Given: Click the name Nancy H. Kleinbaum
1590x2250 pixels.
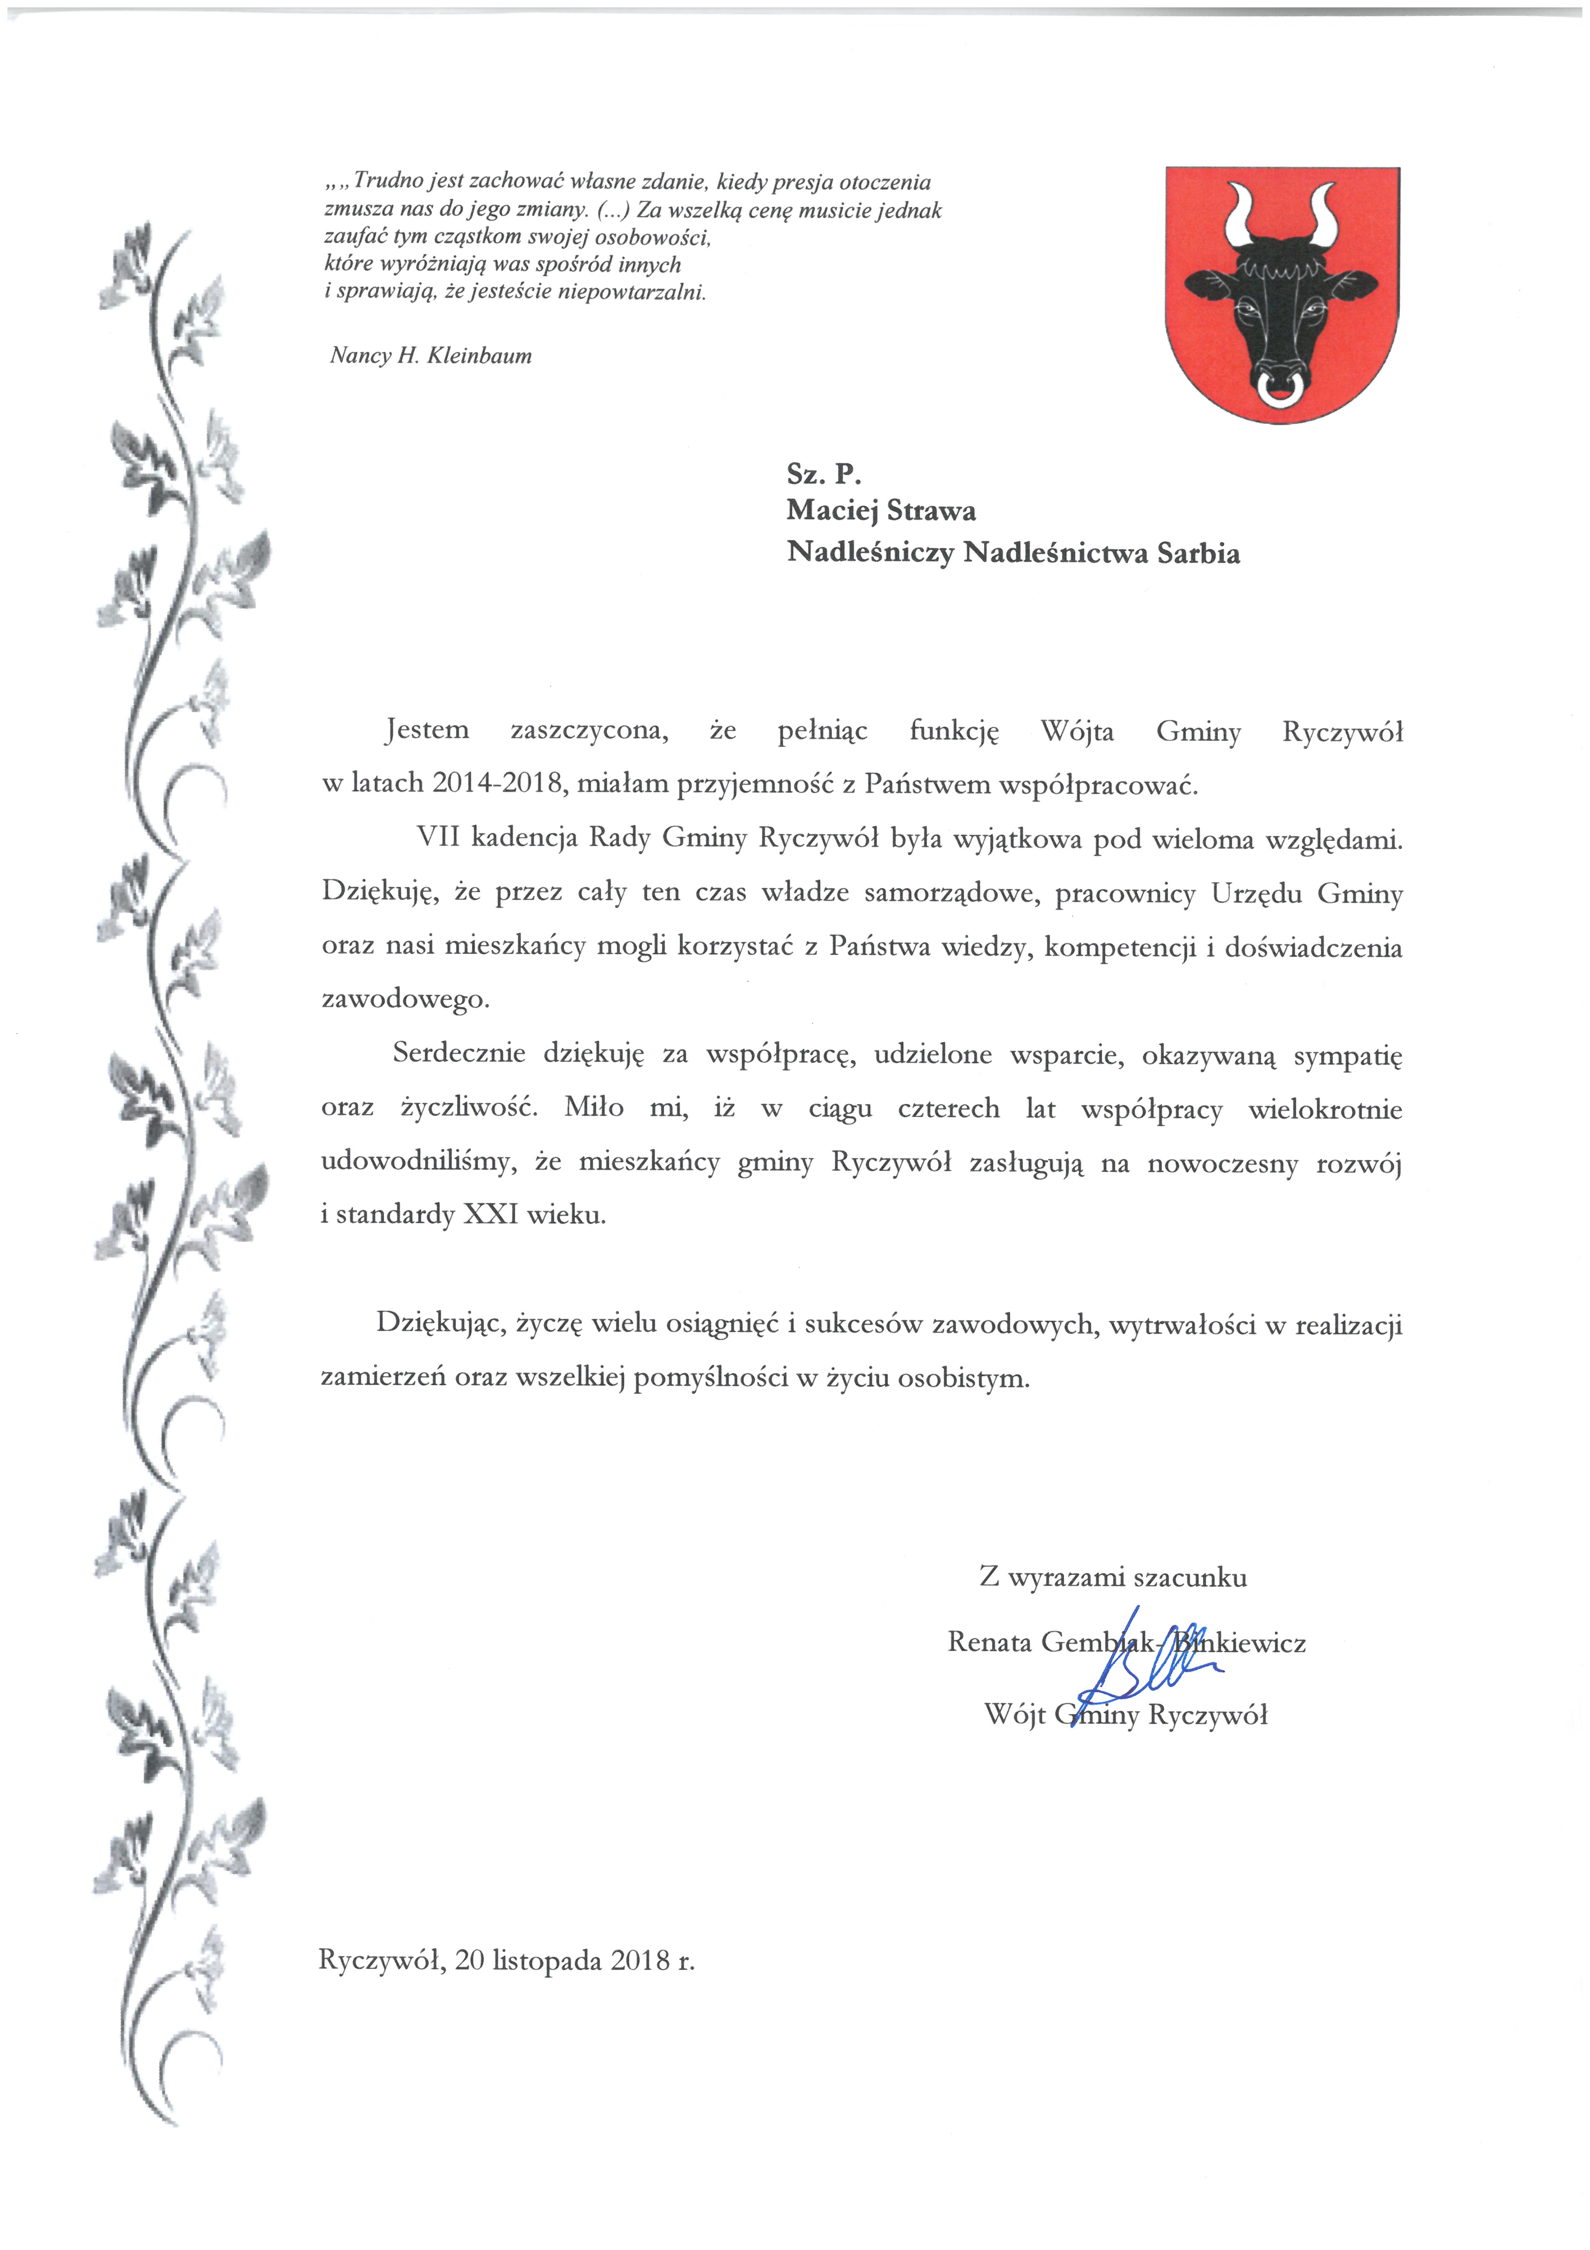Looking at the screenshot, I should tap(431, 356).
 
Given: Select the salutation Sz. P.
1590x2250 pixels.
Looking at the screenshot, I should tap(823, 474).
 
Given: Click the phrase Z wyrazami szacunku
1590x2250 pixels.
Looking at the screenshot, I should tap(1113, 1578).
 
